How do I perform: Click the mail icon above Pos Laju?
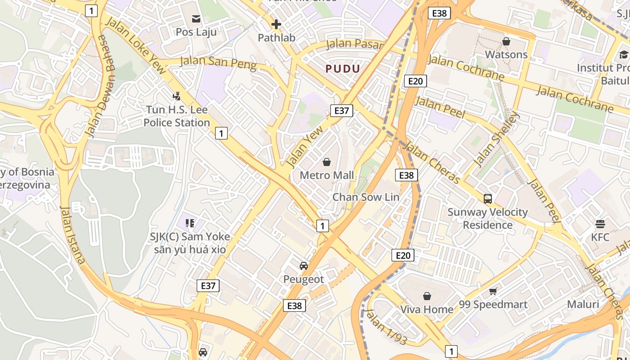pos(196,19)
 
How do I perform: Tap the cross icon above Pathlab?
pos(276,24)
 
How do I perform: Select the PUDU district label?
pos(343,69)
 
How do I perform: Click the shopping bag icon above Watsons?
pos(506,41)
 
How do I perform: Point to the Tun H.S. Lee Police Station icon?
pos(176,96)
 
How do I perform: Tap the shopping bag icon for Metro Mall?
pos(327,162)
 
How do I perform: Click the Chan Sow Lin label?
pos(365,197)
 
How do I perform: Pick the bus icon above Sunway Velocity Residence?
pos(487,198)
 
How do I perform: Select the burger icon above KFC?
pos(600,224)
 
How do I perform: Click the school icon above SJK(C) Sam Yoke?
pos(190,223)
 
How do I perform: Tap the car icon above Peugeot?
pos(304,265)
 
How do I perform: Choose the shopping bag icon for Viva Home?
pos(427,296)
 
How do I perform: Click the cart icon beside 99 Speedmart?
pos(493,291)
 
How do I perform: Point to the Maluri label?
pos(583,304)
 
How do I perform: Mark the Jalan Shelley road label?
pos(496,139)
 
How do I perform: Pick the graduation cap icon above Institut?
pos(623,55)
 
